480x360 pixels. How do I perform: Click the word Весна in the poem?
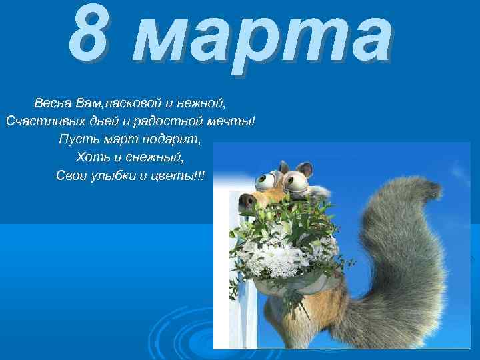tap(54, 104)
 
